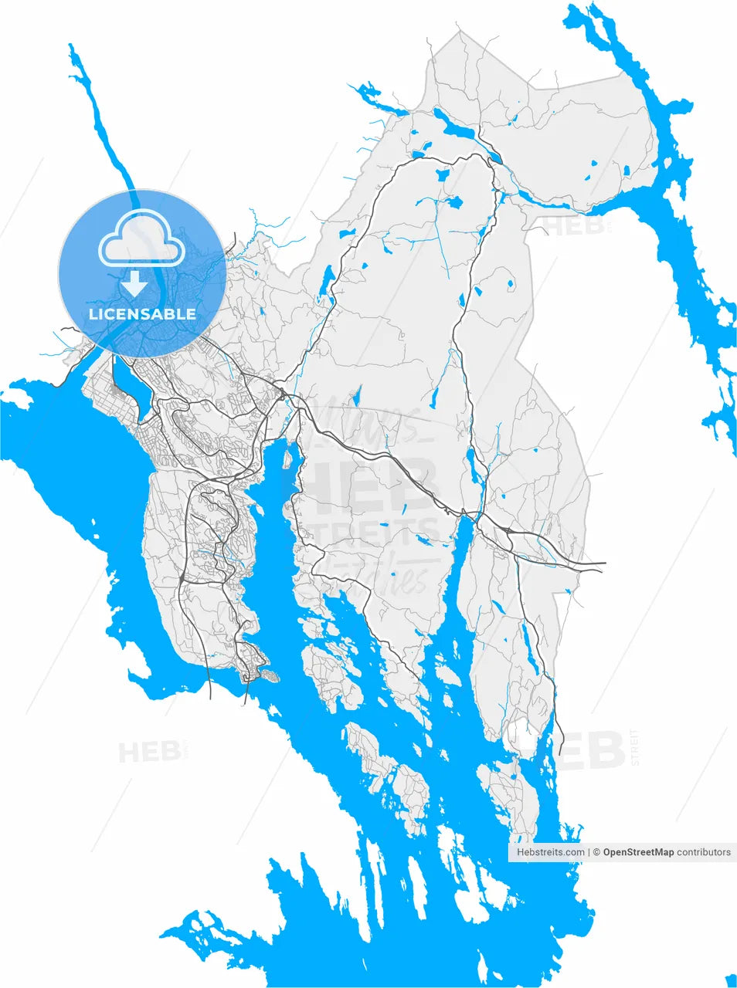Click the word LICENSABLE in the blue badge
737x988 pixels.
pyautogui.click(x=142, y=314)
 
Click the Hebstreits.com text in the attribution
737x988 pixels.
pyautogui.click(x=550, y=852)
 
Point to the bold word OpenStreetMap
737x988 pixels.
pyautogui.click(x=638, y=852)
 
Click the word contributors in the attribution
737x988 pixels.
pyautogui.click(x=704, y=852)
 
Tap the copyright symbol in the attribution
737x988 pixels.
pyautogui.click(x=596, y=852)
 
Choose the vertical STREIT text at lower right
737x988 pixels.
pyautogui.click(x=635, y=746)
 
